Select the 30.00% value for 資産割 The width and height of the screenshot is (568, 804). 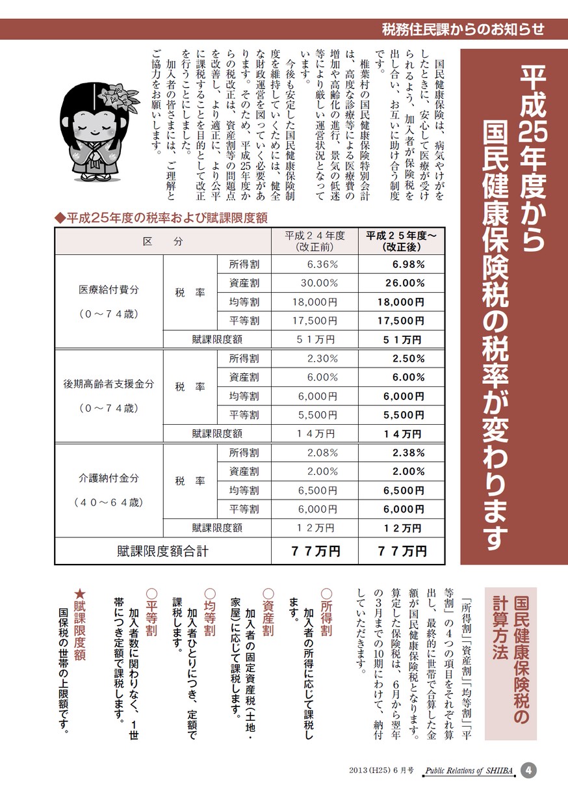tap(319, 283)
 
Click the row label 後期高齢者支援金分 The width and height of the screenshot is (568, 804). tap(109, 384)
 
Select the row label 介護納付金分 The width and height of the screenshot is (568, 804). tap(109, 477)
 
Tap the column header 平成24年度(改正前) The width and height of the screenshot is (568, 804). tap(315, 241)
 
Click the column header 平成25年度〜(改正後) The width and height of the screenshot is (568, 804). tap(400, 241)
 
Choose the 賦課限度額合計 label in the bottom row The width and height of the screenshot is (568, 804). tap(162, 551)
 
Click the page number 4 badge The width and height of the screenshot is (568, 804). tap(530, 770)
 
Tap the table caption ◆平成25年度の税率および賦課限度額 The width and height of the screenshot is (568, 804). tap(162, 217)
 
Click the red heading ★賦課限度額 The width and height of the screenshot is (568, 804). tap(79, 624)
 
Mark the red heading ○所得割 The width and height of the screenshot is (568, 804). tap(326, 611)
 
